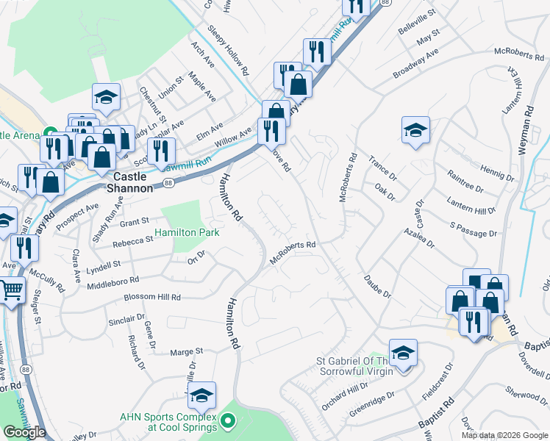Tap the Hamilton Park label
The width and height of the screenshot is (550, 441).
click(x=187, y=232)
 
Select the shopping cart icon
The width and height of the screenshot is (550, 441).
click(x=10, y=290)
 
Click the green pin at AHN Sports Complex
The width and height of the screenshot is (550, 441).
click(x=228, y=421)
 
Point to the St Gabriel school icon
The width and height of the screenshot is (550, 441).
click(x=403, y=353)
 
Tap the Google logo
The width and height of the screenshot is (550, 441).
click(x=24, y=432)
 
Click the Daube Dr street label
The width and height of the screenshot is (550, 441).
click(x=377, y=287)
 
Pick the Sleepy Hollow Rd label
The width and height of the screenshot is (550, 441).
click(x=229, y=53)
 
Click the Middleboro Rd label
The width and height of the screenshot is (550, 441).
click(x=113, y=280)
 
